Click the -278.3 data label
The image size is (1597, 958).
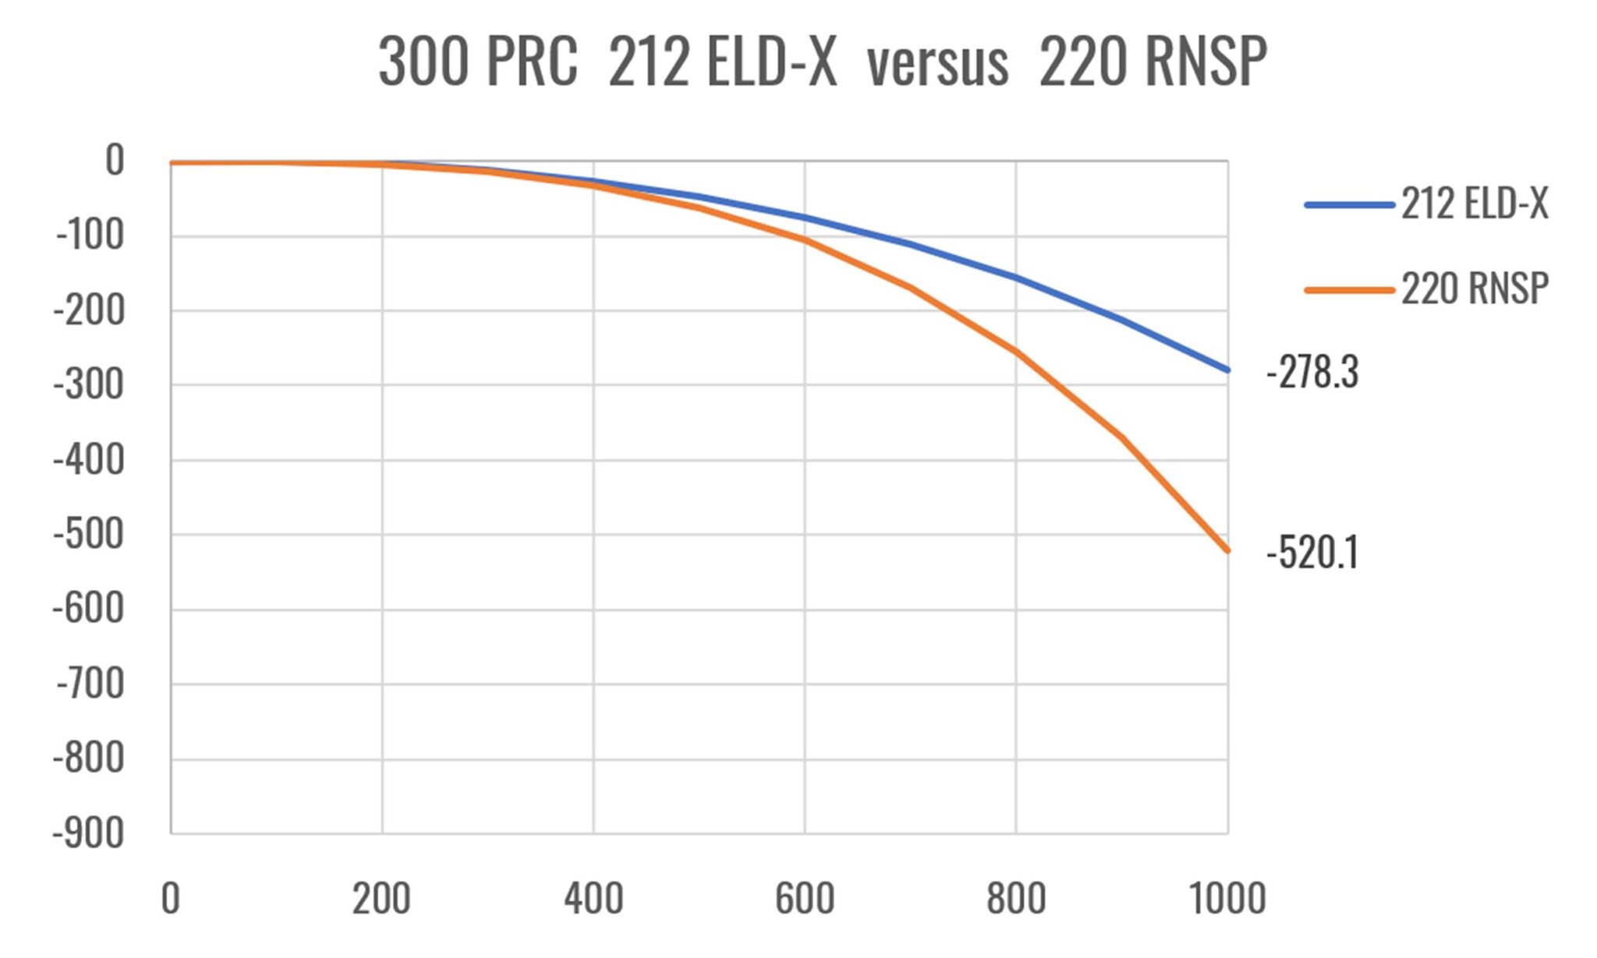click(1312, 372)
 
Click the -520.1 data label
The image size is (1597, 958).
click(1312, 554)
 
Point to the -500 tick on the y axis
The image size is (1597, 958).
click(88, 535)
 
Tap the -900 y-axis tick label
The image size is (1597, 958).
click(88, 834)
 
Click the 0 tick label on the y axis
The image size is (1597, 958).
click(115, 161)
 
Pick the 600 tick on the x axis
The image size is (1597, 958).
click(805, 899)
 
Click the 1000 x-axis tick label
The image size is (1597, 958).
click(1227, 899)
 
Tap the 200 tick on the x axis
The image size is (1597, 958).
click(381, 899)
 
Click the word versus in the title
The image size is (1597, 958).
click(937, 62)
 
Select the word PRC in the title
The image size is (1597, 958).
click(532, 62)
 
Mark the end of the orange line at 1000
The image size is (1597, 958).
click(1227, 550)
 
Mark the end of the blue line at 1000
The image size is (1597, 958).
click(1227, 370)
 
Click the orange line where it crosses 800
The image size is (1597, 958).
click(1016, 352)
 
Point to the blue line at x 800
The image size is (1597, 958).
click(1016, 278)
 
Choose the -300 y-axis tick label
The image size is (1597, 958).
click(88, 385)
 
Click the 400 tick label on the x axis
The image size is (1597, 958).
click(593, 899)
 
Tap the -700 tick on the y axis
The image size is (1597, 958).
click(90, 685)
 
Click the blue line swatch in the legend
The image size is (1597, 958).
click(1349, 205)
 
